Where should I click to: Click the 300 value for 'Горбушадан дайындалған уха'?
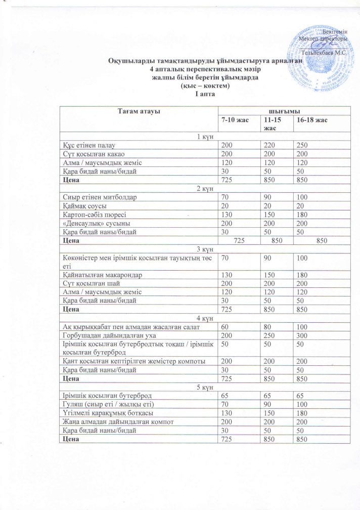[x=303, y=335]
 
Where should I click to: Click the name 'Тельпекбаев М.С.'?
[x=324, y=53]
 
